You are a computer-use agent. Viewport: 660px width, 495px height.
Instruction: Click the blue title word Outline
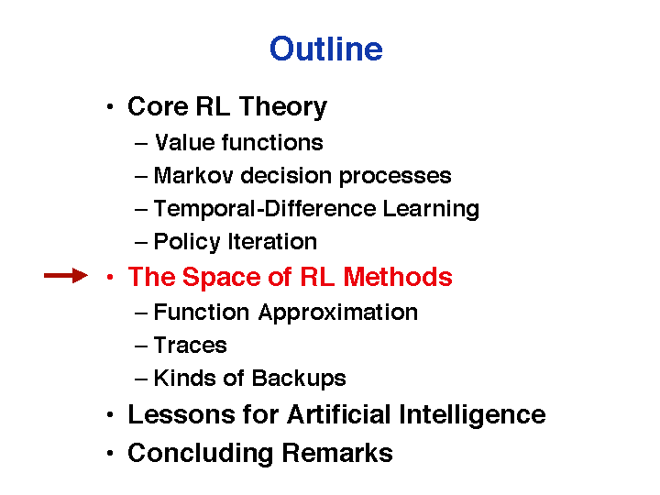coord(326,49)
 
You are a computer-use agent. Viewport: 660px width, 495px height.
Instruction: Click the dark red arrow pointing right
coord(66,276)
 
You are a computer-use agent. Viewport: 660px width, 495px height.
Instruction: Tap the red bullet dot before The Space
coord(110,277)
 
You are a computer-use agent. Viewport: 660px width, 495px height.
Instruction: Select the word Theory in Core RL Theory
coord(283,107)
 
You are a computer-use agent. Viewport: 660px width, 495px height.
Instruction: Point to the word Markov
coord(193,175)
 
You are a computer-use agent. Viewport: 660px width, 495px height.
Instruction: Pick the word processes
coord(395,177)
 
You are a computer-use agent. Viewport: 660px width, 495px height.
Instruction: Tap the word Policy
coord(187,242)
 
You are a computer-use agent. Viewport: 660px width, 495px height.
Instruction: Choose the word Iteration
coord(272,241)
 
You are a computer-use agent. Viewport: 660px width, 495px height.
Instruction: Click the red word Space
coord(222,278)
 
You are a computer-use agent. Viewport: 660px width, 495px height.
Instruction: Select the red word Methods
coord(397,277)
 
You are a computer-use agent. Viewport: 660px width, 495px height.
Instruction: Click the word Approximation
coord(338,313)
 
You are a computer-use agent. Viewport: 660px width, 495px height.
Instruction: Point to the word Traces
coord(191,346)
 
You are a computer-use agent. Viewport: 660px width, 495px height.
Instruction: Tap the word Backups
coord(299,379)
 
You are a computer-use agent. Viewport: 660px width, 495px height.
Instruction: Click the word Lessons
coord(181,414)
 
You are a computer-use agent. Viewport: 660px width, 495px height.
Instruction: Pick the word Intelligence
coord(472,415)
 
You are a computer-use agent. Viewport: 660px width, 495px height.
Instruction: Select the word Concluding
coord(201,454)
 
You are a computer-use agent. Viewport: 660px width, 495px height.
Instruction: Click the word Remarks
coord(337,453)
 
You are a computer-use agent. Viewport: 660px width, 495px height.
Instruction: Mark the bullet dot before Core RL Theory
coord(110,107)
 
